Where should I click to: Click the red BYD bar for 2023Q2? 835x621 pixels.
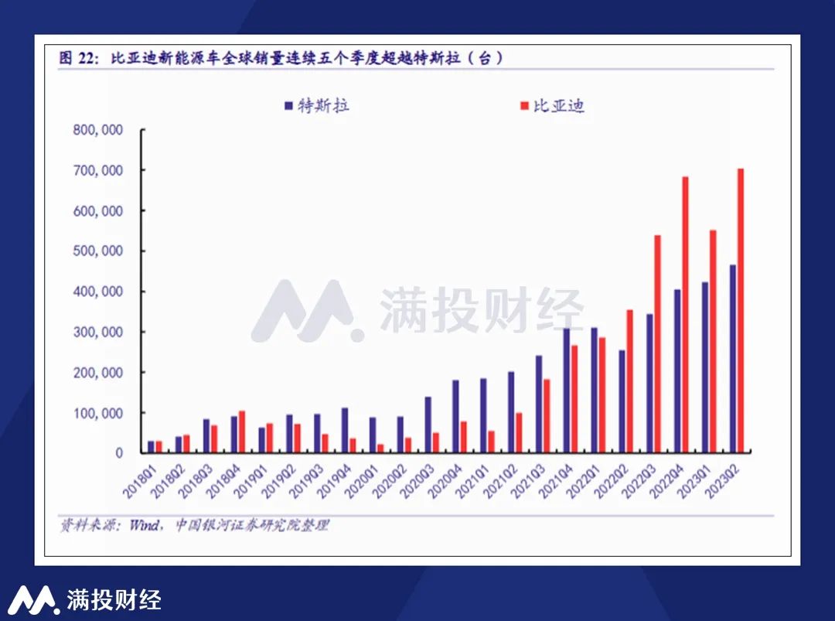[x=740, y=310]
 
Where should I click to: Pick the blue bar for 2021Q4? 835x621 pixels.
[x=566, y=391]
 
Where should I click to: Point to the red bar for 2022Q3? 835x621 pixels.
[x=657, y=343]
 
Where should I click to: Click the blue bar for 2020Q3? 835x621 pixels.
[x=428, y=425]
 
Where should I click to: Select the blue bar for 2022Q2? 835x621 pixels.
[x=622, y=401]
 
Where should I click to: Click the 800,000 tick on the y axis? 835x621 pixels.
[x=98, y=130]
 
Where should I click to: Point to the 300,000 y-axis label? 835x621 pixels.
[x=98, y=332]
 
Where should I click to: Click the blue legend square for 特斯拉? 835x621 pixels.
[x=288, y=105]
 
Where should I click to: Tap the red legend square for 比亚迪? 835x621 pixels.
[x=523, y=105]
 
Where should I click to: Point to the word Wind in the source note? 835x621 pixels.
[x=144, y=525]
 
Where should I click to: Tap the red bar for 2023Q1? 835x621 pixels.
[x=713, y=341]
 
